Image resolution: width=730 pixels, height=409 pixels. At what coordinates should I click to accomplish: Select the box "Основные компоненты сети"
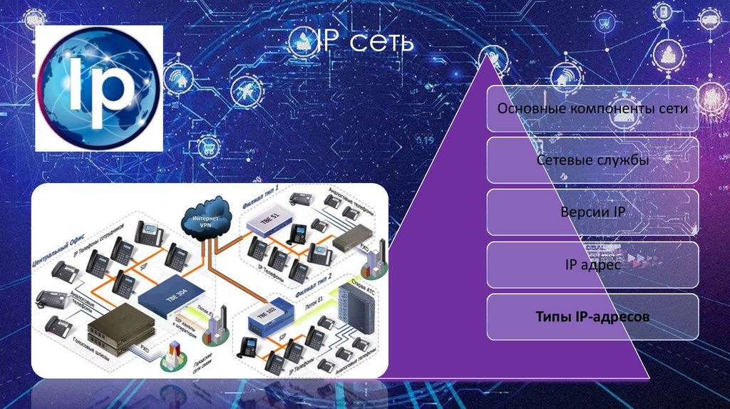(x=592, y=109)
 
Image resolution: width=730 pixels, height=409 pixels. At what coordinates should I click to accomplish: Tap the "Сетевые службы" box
(x=592, y=160)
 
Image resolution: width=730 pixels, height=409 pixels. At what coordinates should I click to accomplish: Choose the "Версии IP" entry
(x=592, y=212)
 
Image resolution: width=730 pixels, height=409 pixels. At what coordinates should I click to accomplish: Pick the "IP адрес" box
(x=592, y=265)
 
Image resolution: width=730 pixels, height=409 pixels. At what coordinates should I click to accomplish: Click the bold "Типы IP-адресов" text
(x=592, y=316)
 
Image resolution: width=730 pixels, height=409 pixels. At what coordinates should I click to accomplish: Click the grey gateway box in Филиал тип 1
(x=354, y=239)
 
